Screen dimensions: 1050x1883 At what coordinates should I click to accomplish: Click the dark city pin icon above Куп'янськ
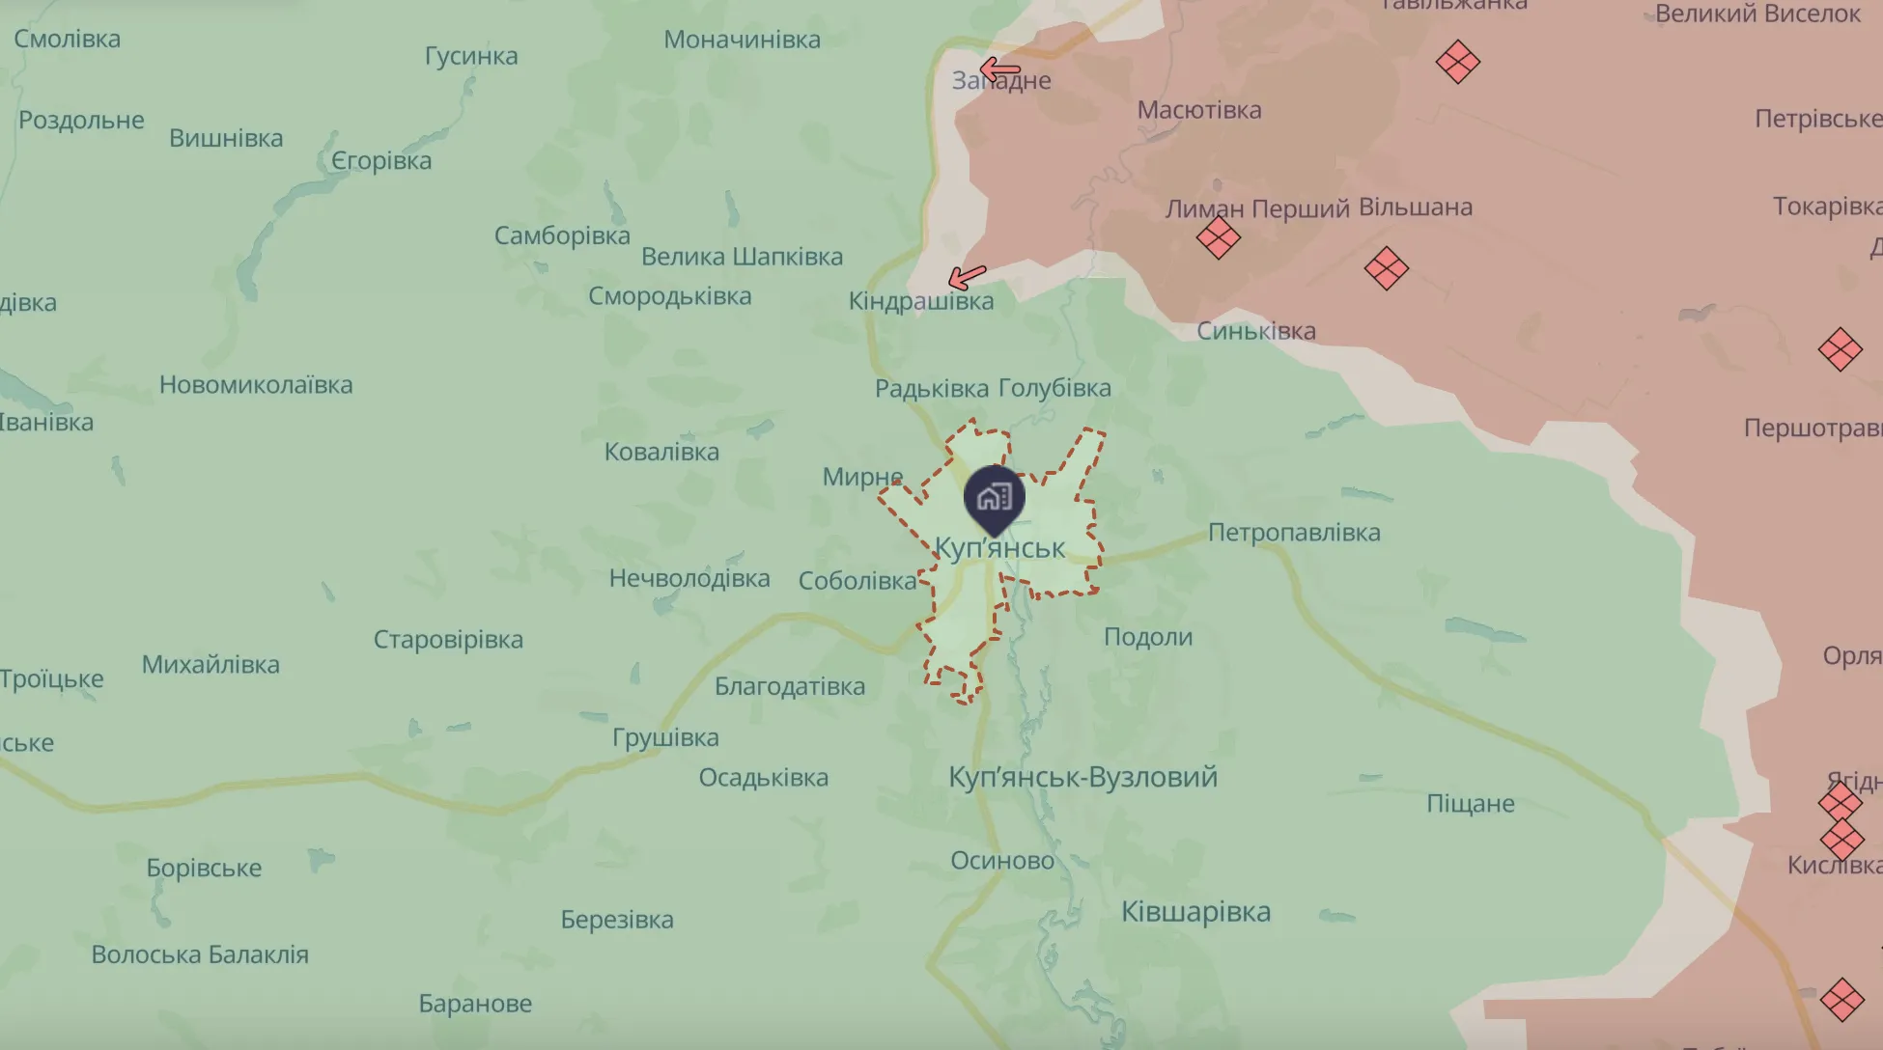tap(994, 498)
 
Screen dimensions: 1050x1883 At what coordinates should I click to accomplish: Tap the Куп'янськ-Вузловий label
tap(1082, 777)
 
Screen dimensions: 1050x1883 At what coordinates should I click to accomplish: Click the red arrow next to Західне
tap(999, 69)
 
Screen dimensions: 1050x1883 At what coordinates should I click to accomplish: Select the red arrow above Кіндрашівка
tap(967, 278)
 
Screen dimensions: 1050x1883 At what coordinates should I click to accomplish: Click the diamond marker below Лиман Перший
tap(1218, 237)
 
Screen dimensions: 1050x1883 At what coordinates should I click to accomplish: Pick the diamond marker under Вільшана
tap(1386, 268)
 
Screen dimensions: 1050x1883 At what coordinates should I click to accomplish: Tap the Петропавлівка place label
tap(1294, 533)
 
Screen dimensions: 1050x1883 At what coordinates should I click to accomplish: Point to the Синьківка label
tap(1255, 331)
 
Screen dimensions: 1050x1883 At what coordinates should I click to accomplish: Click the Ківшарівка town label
tap(1195, 912)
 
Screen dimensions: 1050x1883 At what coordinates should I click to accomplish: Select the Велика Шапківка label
tap(742, 257)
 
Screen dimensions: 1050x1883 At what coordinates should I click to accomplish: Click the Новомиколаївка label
tap(256, 385)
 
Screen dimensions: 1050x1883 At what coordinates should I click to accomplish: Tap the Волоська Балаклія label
tap(200, 954)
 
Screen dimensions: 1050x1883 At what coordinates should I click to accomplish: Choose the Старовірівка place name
tap(448, 640)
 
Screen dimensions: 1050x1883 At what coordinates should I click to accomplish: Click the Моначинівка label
tap(742, 40)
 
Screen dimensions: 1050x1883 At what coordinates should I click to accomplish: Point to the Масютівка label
tap(1198, 110)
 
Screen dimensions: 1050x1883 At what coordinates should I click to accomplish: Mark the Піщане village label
tap(1470, 804)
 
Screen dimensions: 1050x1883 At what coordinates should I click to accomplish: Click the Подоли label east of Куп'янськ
tap(1148, 637)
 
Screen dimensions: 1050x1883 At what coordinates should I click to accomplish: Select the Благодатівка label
tap(789, 687)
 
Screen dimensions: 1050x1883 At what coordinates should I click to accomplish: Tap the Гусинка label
tap(471, 56)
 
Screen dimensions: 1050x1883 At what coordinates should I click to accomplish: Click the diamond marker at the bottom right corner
tap(1841, 1000)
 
